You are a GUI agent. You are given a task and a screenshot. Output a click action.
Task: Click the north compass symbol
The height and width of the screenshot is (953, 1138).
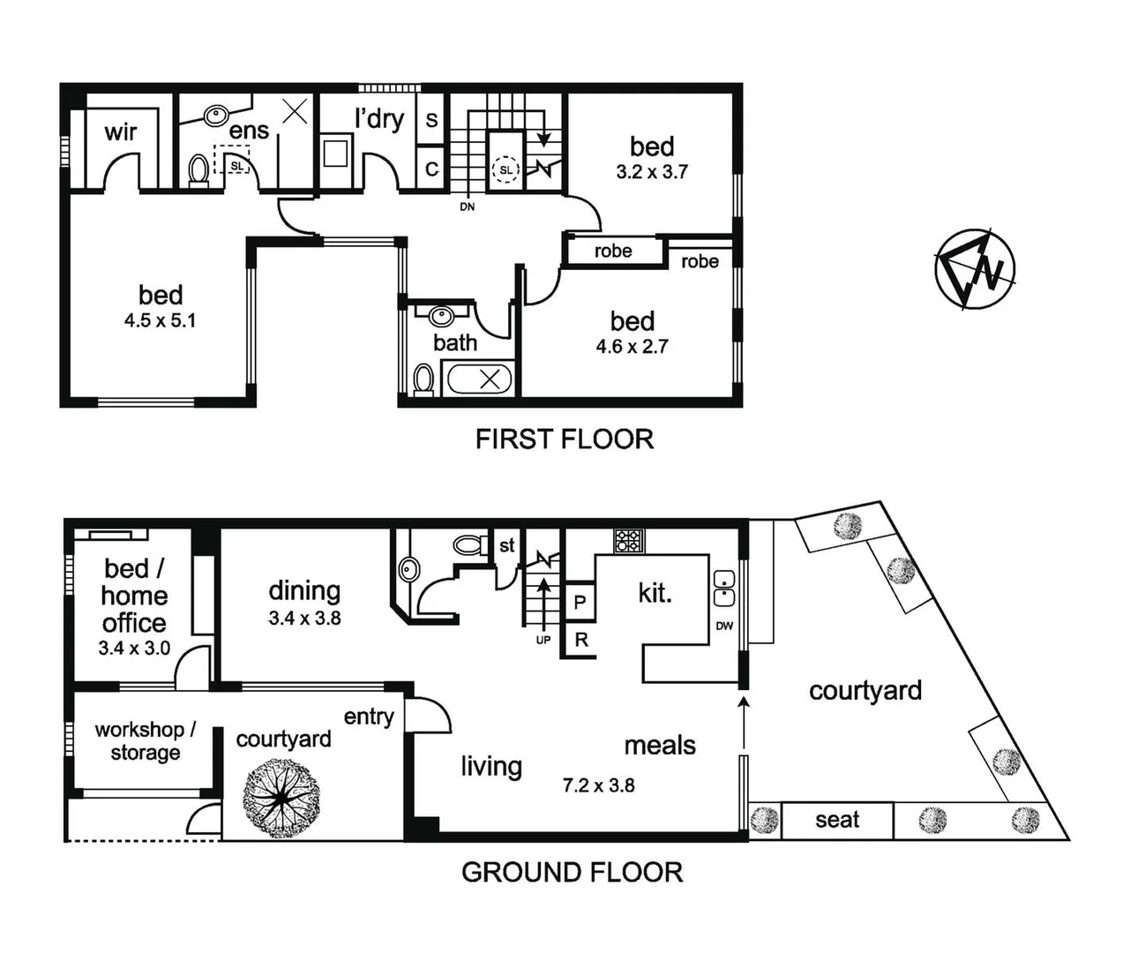[975, 268]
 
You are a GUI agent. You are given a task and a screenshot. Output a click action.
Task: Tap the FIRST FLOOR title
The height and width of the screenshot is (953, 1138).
[565, 439]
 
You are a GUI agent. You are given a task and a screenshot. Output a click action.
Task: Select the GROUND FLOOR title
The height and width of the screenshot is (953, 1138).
[572, 872]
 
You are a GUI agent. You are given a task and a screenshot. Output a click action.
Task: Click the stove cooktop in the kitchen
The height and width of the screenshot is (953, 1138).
[629, 541]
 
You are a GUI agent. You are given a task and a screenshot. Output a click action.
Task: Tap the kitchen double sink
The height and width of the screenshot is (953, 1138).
[723, 589]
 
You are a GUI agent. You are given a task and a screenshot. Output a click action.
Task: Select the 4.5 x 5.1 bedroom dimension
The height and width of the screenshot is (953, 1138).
[160, 320]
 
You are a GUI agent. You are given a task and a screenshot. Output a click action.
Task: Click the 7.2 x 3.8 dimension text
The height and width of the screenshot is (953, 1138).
[598, 784]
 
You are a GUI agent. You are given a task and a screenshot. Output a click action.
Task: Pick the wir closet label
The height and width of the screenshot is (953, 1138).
[121, 132]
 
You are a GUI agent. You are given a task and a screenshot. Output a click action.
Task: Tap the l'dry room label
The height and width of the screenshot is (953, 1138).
[379, 118]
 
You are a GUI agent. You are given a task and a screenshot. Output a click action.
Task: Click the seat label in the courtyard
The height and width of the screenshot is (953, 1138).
[836, 820]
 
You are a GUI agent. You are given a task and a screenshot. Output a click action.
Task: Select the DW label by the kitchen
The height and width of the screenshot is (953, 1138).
[724, 626]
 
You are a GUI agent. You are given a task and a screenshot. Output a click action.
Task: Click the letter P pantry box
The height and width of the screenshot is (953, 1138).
[580, 603]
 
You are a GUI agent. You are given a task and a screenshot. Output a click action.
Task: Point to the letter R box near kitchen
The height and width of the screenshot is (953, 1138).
[580, 640]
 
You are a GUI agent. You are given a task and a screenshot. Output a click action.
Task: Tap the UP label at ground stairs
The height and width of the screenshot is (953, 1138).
[543, 640]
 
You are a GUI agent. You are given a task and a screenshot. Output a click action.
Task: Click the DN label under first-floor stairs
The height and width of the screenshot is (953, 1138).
[467, 206]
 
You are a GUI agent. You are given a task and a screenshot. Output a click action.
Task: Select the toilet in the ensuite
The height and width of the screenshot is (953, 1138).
[199, 170]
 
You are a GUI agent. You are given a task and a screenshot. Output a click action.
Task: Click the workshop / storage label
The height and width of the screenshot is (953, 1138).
[145, 741]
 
